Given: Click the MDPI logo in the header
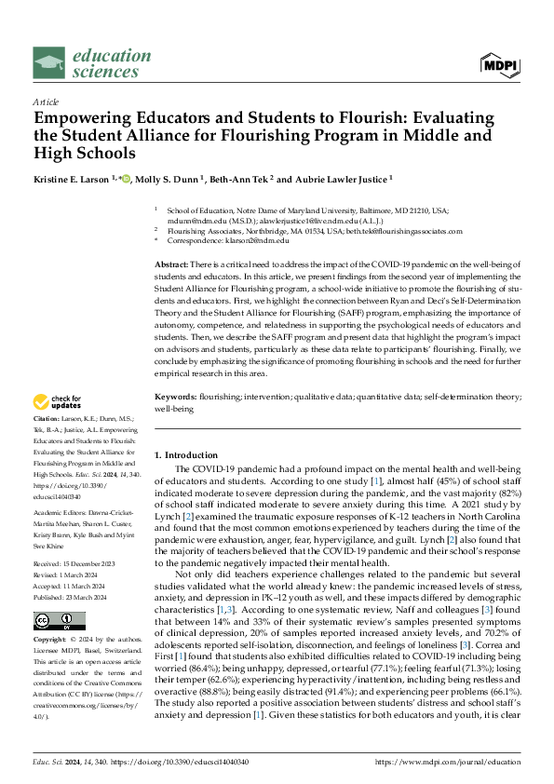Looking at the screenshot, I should pyautogui.click(x=501, y=63).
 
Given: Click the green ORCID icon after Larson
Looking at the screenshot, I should pyautogui.click(x=126, y=179).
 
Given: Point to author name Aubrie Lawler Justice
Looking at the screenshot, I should pyautogui.click(x=309, y=179).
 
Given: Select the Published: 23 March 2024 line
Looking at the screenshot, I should pyautogui.click(x=73, y=566).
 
